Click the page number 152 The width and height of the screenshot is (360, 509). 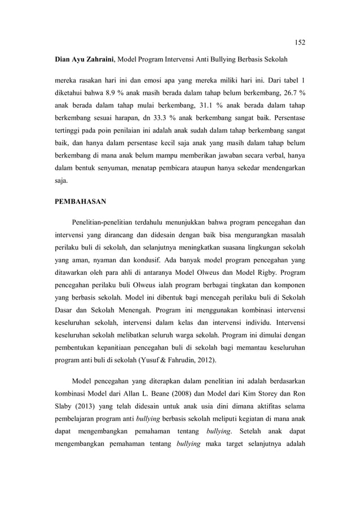tap(300, 42)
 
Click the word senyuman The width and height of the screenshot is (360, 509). tap(121, 168)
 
